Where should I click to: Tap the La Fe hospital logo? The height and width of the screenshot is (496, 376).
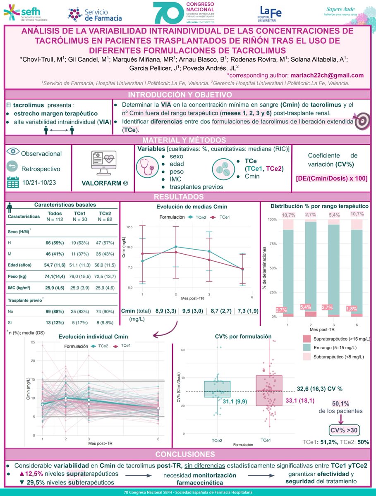coord(271,13)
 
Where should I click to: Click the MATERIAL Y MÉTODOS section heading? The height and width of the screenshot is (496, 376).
coord(188,140)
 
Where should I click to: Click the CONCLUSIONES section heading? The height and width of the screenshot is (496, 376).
coord(188,454)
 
